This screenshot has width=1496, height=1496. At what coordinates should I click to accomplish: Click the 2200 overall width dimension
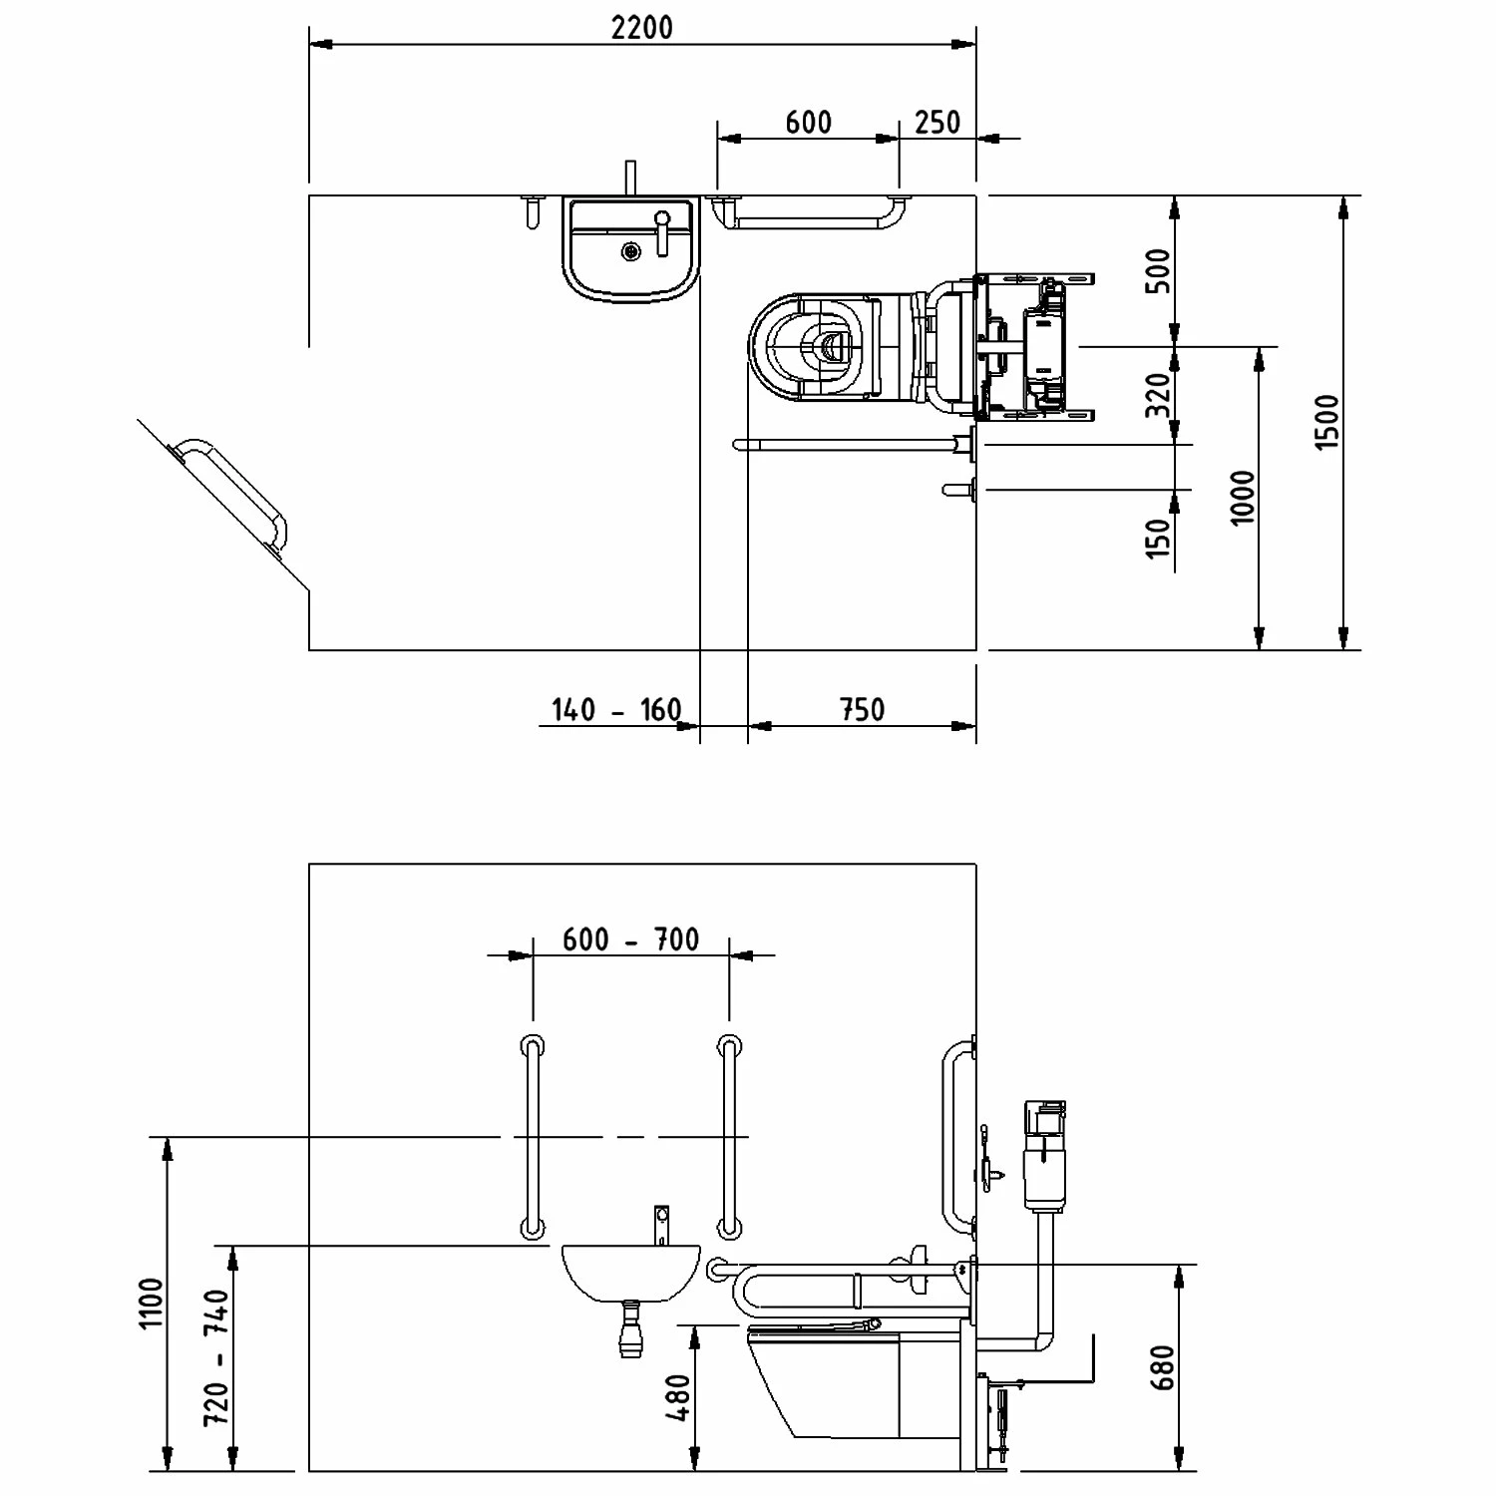click(642, 28)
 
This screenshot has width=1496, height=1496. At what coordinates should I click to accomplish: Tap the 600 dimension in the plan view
click(808, 123)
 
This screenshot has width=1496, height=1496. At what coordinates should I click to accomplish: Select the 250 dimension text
click(937, 123)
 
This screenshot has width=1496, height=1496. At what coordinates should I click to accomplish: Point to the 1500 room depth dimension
click(1327, 422)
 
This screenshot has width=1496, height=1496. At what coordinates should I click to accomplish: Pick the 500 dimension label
click(1159, 270)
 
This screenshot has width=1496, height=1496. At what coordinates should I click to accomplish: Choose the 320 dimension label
click(1159, 395)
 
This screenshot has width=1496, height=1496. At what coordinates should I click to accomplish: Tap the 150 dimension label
click(1159, 539)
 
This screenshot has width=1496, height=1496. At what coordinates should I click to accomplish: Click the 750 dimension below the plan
click(862, 709)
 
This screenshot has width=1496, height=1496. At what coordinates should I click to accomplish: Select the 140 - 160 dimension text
click(616, 710)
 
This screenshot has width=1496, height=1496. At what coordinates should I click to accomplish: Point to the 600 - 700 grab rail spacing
click(630, 939)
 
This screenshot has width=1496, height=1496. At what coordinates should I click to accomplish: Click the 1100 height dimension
click(151, 1303)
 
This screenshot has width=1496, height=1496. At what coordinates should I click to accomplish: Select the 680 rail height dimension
click(1163, 1366)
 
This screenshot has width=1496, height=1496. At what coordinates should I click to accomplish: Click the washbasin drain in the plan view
click(629, 251)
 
